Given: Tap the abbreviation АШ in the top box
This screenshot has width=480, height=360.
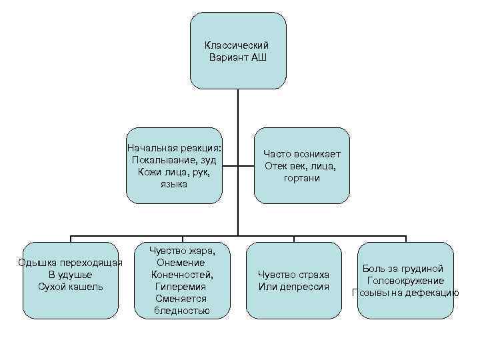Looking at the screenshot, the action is coord(258,57).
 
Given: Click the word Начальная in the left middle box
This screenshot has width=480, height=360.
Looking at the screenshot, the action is coord(151,147).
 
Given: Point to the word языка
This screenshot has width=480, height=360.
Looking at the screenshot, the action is coord(174,184).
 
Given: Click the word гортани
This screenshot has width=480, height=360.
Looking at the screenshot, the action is coord(301,178).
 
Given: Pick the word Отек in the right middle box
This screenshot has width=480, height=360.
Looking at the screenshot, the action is coord(275,165).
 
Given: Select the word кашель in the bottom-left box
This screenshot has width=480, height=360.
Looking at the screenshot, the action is coord(85,287).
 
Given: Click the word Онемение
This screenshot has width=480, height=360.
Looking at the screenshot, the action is coord(181,263).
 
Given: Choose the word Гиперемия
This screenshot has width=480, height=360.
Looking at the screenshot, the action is coord(181,287).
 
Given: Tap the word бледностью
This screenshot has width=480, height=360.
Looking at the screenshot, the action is coord(181,311).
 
